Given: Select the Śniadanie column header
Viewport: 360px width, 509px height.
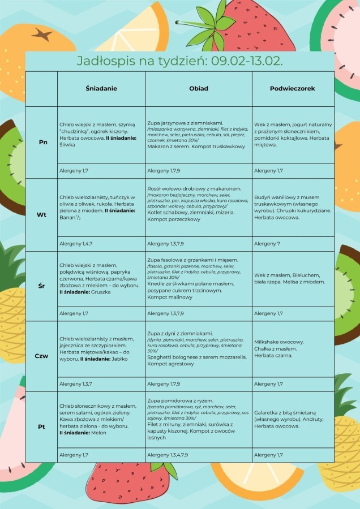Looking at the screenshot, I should click(101, 89).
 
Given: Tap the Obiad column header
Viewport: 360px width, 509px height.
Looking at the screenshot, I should click(199, 89).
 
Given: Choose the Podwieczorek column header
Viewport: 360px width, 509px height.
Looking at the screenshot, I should click(293, 89).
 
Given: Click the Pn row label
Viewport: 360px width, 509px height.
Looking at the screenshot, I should click(42, 142).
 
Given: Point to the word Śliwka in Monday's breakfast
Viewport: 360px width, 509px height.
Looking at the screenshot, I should click(68, 145).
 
